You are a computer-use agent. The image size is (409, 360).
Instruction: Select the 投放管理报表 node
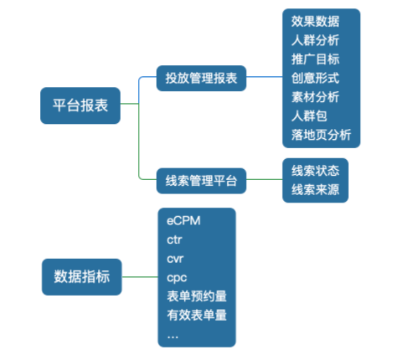coord(202,80)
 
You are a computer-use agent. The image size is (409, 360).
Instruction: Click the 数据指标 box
coord(82,276)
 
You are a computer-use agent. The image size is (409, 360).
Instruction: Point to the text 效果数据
coord(314,21)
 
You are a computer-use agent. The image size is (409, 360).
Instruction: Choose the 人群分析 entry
coord(314,40)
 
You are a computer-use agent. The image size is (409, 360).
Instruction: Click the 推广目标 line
coord(314,59)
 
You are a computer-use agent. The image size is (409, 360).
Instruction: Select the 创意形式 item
coord(314,78)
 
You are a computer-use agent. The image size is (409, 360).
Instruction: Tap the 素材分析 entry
coord(314,97)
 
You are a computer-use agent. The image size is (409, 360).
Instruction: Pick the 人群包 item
coord(308,116)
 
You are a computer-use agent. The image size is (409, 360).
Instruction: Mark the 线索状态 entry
coord(314,171)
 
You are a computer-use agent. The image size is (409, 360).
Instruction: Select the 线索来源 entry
coord(314,189)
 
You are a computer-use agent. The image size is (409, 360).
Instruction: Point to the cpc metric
coord(175,277)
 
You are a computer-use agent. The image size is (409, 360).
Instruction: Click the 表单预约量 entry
coord(196,296)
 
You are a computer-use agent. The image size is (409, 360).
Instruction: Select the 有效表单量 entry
coord(196,316)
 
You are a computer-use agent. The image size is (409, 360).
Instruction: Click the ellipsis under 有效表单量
coord(173,335)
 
